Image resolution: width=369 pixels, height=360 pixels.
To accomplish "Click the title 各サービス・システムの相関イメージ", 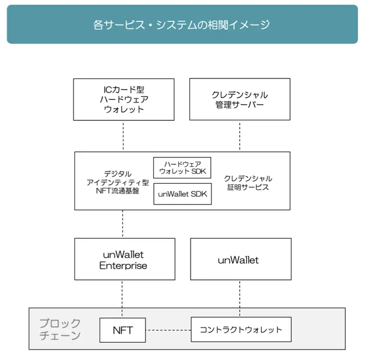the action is pos(182,25).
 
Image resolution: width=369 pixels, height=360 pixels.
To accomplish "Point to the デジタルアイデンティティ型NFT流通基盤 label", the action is pos(118,182).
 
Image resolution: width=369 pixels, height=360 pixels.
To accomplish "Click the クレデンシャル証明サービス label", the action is pos(248,183).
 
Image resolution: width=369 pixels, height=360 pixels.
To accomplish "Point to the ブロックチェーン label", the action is pos(60,329).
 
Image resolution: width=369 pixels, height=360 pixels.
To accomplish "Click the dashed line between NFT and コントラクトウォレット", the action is pos(168,330).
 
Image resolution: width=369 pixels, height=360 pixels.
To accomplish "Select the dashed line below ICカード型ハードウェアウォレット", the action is pos(123,136).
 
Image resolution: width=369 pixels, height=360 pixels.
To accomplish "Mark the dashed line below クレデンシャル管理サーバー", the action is pos(240,136).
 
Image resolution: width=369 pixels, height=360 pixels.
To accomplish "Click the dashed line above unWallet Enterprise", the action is pos(122,224).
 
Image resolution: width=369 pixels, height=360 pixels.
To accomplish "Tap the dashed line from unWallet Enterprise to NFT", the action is pos(122,299).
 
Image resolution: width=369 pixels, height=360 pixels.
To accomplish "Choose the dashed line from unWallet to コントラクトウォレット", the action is pos(240,299).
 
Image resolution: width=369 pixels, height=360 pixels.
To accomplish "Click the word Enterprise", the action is pos(123,266).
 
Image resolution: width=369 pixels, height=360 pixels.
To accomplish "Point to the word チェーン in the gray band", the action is pos(60,335).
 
